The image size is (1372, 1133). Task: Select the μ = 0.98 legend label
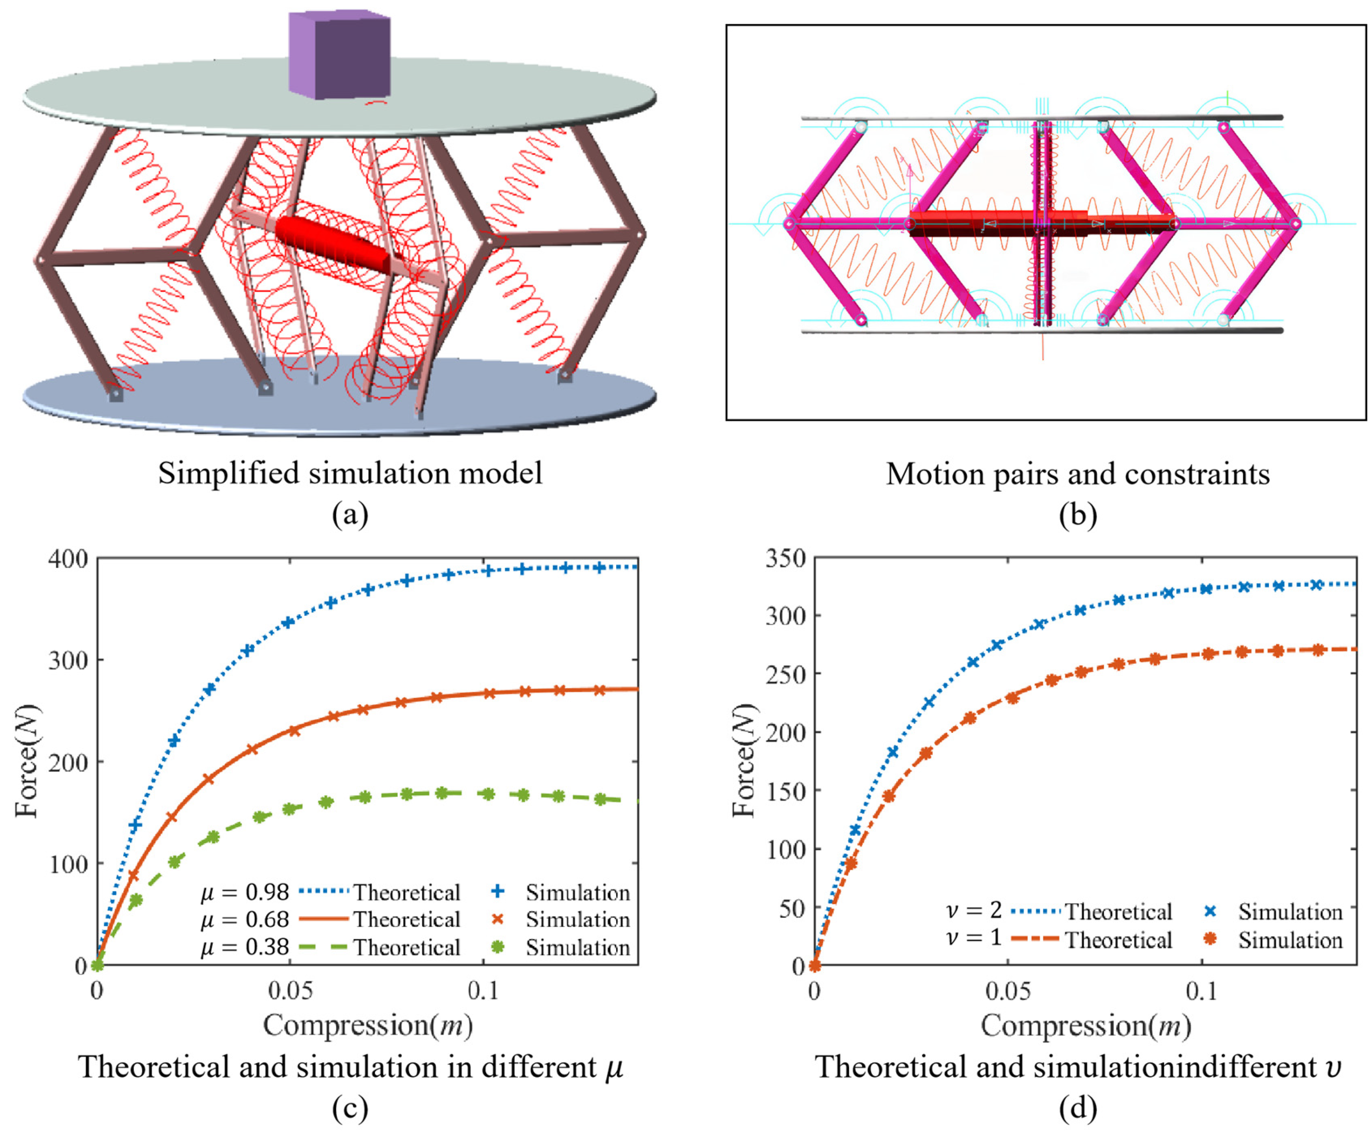click(244, 892)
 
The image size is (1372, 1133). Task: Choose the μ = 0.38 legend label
click(244, 947)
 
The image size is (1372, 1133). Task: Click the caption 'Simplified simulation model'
click(350, 473)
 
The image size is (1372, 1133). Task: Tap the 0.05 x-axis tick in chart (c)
click(290, 991)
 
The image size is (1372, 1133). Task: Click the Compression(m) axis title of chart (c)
click(368, 1025)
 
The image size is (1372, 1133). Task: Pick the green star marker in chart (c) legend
click(497, 946)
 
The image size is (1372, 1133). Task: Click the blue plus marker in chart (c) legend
click(497, 891)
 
